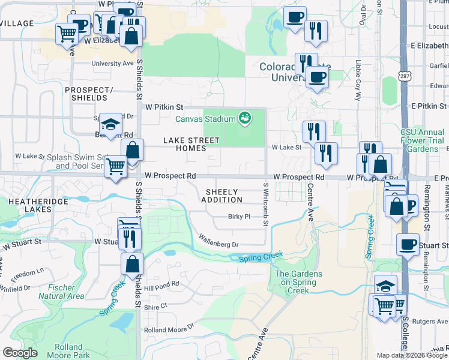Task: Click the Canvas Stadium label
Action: click(205, 119)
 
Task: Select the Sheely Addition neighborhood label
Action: click(224, 196)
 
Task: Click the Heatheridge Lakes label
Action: click(29, 205)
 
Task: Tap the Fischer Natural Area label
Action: click(61, 292)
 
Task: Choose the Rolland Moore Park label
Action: click(68, 351)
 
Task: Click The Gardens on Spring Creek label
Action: click(298, 282)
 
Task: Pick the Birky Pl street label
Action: click(238, 217)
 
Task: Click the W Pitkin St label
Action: click(164, 106)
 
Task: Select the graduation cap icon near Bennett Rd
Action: click(110, 124)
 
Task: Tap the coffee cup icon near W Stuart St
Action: click(408, 244)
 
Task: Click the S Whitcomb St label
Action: click(265, 205)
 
